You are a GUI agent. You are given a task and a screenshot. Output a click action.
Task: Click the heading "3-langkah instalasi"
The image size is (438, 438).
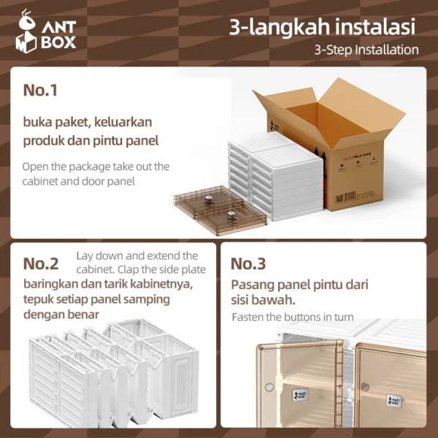pyautogui.click(x=322, y=27)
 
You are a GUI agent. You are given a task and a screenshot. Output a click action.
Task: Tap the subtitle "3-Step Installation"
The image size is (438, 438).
pyautogui.click(x=366, y=50)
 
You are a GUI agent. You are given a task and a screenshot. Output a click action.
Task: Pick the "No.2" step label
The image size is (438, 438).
pyautogui.click(x=46, y=264)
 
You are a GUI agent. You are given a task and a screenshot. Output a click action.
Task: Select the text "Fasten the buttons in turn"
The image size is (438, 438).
pyautogui.click(x=293, y=318)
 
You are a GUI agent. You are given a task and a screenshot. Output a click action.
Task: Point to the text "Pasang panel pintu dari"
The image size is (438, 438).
pyautogui.click(x=299, y=284)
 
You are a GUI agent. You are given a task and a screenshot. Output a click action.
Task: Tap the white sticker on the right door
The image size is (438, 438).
pyautogui.click(x=395, y=400)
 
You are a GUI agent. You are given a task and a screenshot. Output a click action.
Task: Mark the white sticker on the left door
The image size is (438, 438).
pyautogui.click(x=301, y=395)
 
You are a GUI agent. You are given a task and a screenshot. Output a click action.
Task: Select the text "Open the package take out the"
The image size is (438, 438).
pyautogui.click(x=96, y=166)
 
